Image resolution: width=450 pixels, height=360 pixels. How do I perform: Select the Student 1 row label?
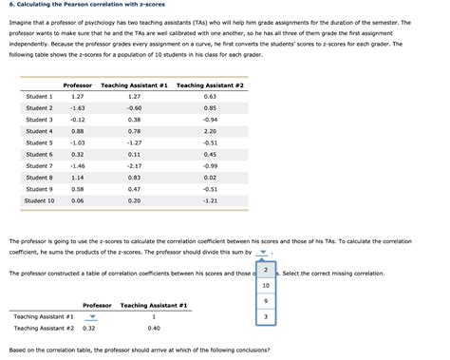40,97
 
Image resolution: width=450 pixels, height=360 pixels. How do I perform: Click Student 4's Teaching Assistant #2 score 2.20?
210,131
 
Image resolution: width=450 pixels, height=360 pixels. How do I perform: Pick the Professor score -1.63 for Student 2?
78,108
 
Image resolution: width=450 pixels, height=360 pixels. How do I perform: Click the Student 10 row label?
40,200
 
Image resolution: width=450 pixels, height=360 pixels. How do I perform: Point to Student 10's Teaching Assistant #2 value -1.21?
210,200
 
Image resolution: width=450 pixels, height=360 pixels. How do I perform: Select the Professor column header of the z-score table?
78,85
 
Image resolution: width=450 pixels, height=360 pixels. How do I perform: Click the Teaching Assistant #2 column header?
210,85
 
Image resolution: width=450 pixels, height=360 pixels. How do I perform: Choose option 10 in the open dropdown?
266,285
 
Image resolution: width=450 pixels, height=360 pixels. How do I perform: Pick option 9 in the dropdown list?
266,300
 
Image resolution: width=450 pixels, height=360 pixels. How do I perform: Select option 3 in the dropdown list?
266,316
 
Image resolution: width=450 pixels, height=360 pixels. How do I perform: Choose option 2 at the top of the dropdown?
266,270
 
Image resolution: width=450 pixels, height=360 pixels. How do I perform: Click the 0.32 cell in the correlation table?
89,328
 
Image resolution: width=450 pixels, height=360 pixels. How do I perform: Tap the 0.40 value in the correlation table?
154,328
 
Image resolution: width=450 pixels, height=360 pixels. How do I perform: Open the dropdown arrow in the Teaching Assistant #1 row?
92,316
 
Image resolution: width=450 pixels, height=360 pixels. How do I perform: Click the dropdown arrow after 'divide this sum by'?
264,253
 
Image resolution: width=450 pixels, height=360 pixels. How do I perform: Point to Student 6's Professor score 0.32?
78,154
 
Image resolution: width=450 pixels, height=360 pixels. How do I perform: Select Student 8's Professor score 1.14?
78,178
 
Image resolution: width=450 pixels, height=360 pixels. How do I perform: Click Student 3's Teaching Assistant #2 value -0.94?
210,120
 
